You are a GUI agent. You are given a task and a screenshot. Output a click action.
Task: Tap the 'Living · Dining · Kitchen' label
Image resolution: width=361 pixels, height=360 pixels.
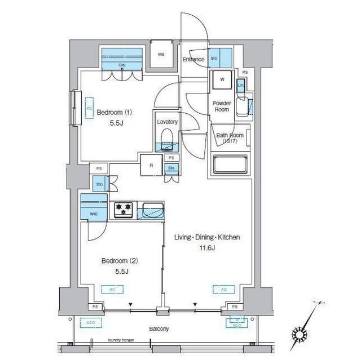coord(206,237)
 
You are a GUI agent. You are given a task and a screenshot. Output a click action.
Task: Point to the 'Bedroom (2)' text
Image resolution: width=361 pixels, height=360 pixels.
coord(120,261)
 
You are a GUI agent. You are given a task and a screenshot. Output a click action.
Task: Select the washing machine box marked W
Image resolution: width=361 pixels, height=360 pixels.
coord(222,80)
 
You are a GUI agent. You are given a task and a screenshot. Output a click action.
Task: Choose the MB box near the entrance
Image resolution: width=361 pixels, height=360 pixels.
coord(161,55)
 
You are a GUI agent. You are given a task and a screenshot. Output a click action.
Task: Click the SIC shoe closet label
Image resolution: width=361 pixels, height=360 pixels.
coord(214,57)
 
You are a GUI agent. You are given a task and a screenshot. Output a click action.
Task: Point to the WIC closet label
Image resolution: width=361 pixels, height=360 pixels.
coord(94,214)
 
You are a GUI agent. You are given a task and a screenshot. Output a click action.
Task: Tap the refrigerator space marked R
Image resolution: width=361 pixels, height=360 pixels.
coord(151,166)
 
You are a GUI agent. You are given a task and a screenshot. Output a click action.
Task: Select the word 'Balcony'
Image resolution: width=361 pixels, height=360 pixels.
coord(159,329)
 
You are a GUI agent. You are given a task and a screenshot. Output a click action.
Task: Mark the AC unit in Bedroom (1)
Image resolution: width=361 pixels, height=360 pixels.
coord(89,106)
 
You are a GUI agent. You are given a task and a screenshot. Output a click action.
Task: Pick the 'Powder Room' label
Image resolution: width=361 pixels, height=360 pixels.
coord(222,106)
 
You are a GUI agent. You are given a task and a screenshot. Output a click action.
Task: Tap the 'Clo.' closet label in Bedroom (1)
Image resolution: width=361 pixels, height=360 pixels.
coord(121,65)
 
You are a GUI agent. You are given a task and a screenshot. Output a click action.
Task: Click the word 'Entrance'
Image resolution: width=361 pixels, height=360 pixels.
coord(193,59)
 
